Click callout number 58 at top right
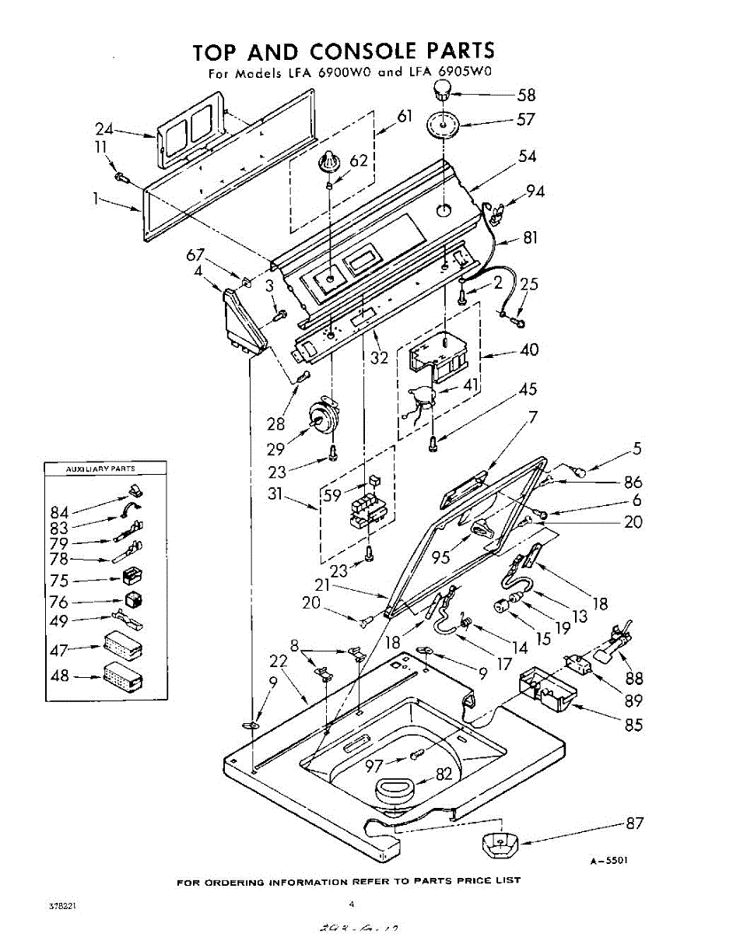tap(527, 95)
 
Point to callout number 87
tap(634, 823)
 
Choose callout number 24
tap(105, 129)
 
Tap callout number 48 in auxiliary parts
tap(59, 676)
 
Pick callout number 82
tap(443, 774)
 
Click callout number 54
tap(528, 156)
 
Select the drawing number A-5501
tap(608, 860)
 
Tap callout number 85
tap(634, 725)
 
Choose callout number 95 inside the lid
tap(441, 557)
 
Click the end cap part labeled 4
tap(244, 321)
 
